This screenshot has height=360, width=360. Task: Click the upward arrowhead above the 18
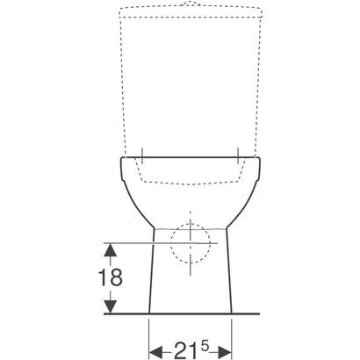[110, 250]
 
